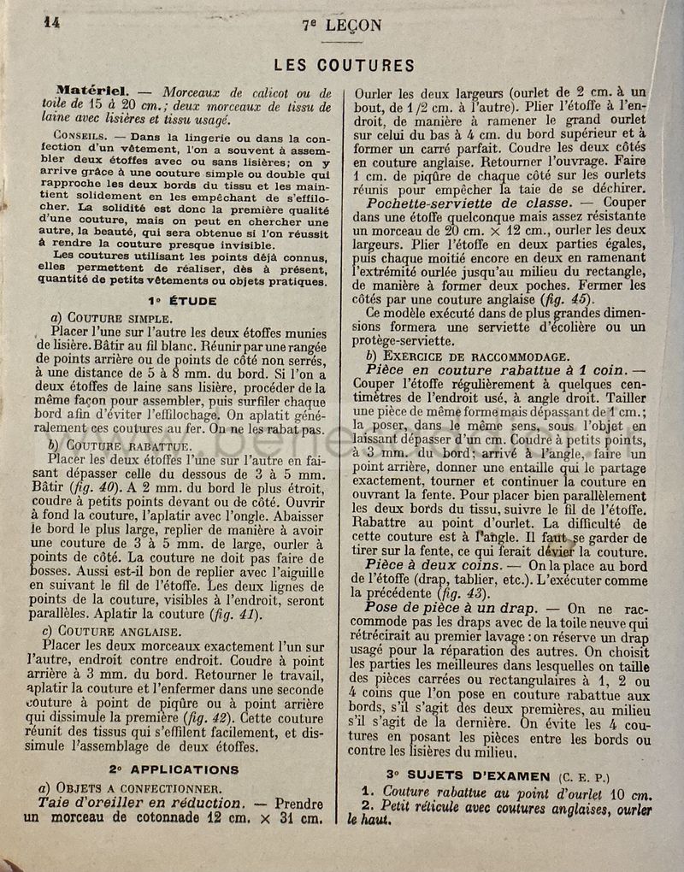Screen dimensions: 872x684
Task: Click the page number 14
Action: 51,23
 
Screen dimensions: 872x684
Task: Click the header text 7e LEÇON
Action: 342,26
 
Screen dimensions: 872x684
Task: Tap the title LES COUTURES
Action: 344,66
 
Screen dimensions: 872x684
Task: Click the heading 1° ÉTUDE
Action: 181,301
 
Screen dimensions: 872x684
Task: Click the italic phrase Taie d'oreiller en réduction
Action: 140,803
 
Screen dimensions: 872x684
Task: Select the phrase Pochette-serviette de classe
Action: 469,203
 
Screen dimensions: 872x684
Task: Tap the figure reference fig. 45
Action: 567,299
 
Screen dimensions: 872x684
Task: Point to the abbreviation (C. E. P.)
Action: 585,776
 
